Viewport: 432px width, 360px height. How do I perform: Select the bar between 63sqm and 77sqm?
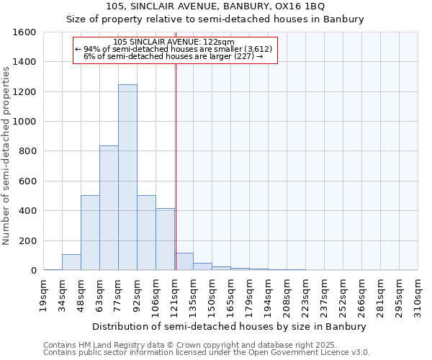(109, 208)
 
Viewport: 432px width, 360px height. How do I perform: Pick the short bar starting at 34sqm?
(71, 262)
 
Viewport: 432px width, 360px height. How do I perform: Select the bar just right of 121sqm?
(184, 262)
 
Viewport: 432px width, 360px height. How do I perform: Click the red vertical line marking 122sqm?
(176, 166)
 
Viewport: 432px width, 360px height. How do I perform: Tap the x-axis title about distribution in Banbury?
(230, 326)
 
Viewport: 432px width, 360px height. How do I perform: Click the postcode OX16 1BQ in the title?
(301, 6)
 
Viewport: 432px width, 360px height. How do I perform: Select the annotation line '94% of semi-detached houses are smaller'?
(175, 48)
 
